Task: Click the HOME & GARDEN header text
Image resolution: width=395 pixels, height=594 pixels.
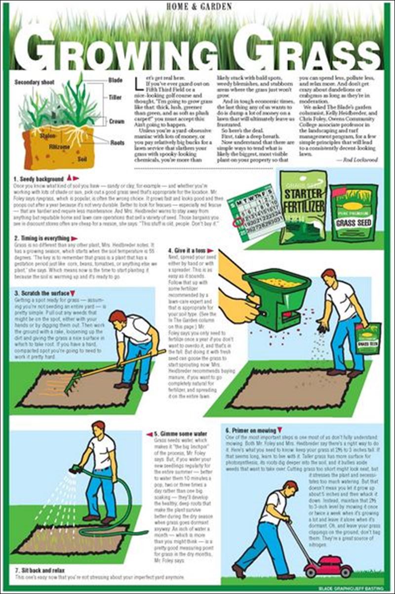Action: point(197,7)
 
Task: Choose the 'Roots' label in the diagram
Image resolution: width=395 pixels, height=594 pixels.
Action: point(117,143)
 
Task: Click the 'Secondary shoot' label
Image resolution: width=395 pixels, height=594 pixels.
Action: point(35,82)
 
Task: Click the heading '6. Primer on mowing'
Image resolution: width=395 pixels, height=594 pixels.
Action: point(250,430)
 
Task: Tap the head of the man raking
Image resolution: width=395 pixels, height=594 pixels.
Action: point(117,317)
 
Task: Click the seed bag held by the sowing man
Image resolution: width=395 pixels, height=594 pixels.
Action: point(368,338)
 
